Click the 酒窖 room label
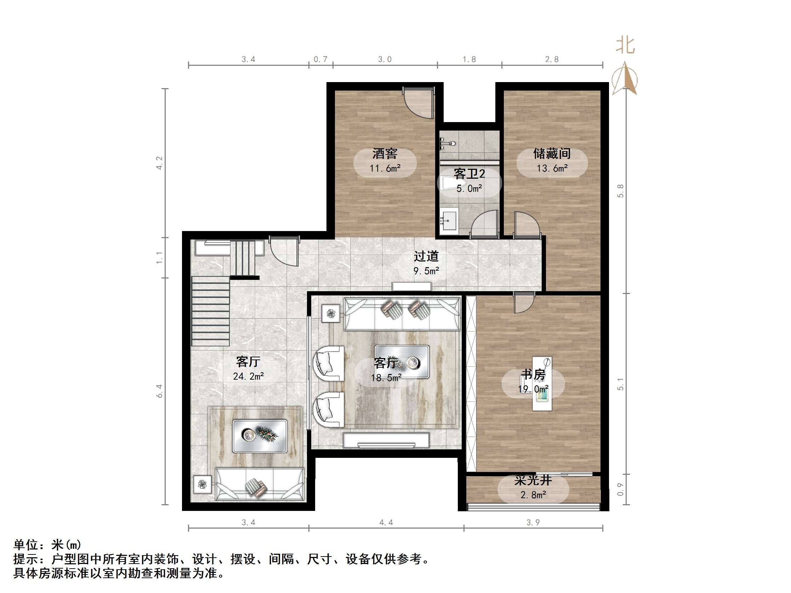tap(385, 154)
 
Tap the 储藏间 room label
tap(552, 154)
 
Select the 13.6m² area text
tap(552, 168)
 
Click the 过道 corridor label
tap(426, 256)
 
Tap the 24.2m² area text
tap(248, 376)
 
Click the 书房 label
tap(533, 375)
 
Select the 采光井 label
tap(533, 480)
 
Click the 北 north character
tap(625, 45)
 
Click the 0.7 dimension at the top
tap(320, 59)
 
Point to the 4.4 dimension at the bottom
tap(386, 523)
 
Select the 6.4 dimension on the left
tap(159, 391)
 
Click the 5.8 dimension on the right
tap(620, 191)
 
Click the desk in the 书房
tap(542, 384)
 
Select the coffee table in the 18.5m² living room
tap(402, 362)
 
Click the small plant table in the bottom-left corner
tap(203, 485)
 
